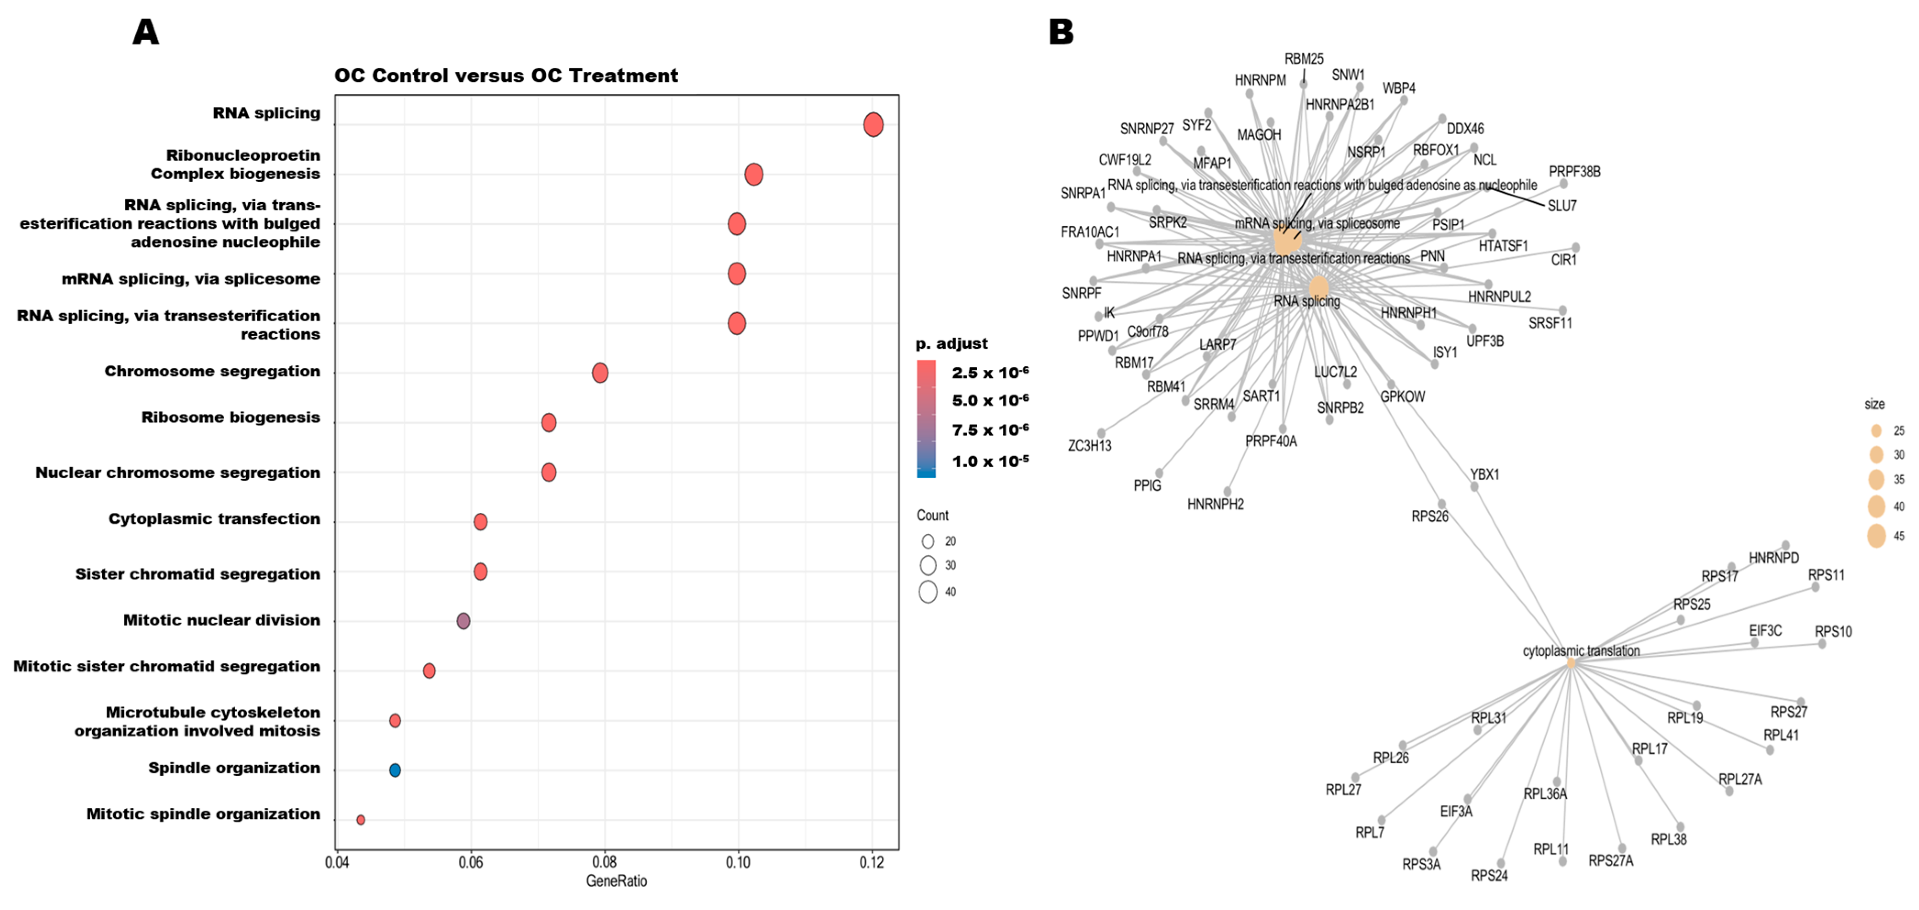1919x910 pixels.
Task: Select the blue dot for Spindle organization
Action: pos(395,770)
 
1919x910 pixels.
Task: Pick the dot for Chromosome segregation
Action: pos(600,373)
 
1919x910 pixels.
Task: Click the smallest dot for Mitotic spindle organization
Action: pos(360,820)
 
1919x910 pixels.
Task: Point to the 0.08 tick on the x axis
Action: pos(604,862)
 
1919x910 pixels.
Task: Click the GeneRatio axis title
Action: pos(616,881)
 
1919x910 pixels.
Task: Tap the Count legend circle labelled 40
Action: pos(928,592)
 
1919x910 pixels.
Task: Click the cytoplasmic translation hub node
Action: pos(1571,663)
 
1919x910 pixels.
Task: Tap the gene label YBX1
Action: pos(1484,474)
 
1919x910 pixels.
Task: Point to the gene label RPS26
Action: pos(1430,516)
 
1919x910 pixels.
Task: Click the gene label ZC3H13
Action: pos(1089,446)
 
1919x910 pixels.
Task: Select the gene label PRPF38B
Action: pos(1574,172)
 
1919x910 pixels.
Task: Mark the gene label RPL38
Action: pos(1669,839)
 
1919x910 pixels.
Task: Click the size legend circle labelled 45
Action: pos(1876,536)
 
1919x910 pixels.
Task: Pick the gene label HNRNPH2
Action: pos(1215,504)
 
